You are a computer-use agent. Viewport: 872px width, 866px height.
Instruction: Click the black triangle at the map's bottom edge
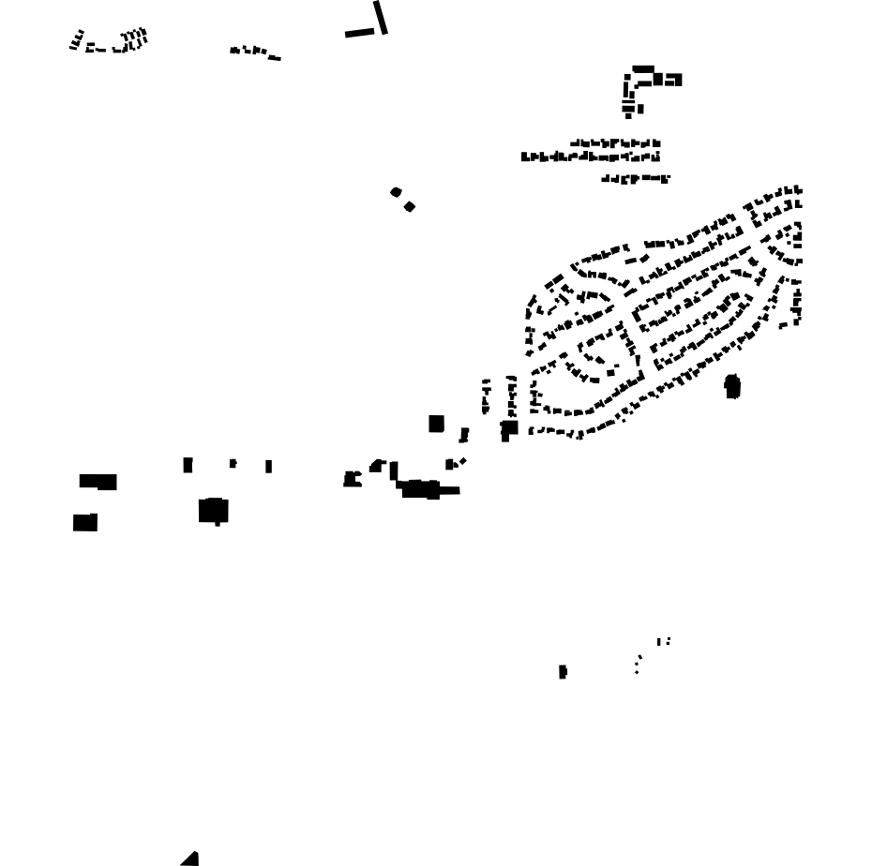pyautogui.click(x=191, y=859)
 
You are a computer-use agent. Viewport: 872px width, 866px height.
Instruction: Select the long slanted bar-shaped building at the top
pyautogui.click(x=381, y=17)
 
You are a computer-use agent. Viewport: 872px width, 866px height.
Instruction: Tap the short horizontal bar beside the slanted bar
pyautogui.click(x=358, y=33)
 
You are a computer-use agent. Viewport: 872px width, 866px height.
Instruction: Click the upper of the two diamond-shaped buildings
pyautogui.click(x=396, y=192)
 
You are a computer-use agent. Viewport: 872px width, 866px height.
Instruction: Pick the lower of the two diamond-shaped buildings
pyautogui.click(x=410, y=206)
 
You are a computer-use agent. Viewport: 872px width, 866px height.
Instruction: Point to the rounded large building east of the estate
pyautogui.click(x=732, y=385)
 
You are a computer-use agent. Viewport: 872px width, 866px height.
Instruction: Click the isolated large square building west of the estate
pyautogui.click(x=436, y=424)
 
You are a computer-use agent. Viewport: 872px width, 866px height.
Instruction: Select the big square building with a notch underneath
pyautogui.click(x=214, y=511)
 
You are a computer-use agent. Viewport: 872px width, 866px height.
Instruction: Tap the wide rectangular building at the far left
pyautogui.click(x=98, y=482)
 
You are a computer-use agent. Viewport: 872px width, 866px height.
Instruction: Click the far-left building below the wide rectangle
pyautogui.click(x=85, y=522)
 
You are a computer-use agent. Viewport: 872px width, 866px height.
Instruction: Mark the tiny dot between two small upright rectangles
pyautogui.click(x=233, y=463)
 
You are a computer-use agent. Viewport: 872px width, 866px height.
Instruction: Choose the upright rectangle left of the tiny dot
pyautogui.click(x=188, y=464)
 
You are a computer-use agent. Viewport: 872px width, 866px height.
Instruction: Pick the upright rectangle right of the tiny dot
pyautogui.click(x=269, y=466)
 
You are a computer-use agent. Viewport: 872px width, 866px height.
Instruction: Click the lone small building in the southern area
pyautogui.click(x=563, y=671)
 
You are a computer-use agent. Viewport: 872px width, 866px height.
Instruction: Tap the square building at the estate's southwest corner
pyautogui.click(x=509, y=429)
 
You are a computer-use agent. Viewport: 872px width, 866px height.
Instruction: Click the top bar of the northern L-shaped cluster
pyautogui.click(x=643, y=68)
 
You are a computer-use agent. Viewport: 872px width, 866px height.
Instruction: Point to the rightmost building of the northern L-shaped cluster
pyautogui.click(x=672, y=80)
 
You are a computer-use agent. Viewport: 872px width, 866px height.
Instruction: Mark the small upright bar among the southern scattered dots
pyautogui.click(x=659, y=642)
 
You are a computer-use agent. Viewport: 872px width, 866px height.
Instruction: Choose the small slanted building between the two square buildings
pyautogui.click(x=463, y=435)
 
